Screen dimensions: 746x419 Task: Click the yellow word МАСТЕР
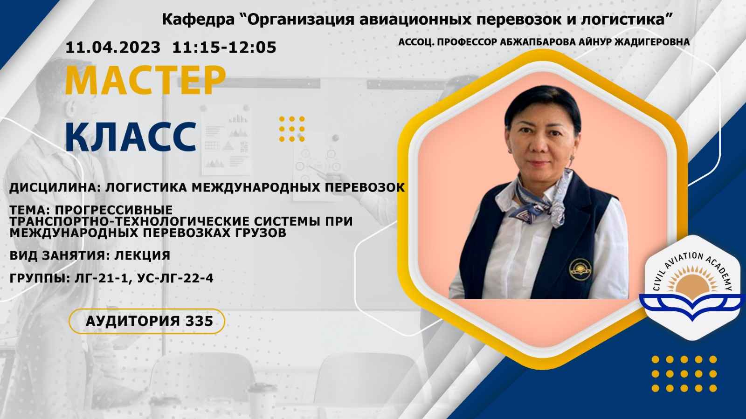pos(145,81)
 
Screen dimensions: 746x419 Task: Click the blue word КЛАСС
pos(131,137)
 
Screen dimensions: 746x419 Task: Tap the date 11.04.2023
pos(113,47)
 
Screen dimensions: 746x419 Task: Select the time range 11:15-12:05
pos(224,47)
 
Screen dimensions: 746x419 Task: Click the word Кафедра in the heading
pos(198,20)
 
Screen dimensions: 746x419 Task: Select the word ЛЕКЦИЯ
pos(142,255)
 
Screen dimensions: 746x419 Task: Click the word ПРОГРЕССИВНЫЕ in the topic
pos(114,210)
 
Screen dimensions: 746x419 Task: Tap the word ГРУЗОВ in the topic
pos(257,233)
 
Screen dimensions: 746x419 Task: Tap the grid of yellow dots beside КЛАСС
pos(292,129)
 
